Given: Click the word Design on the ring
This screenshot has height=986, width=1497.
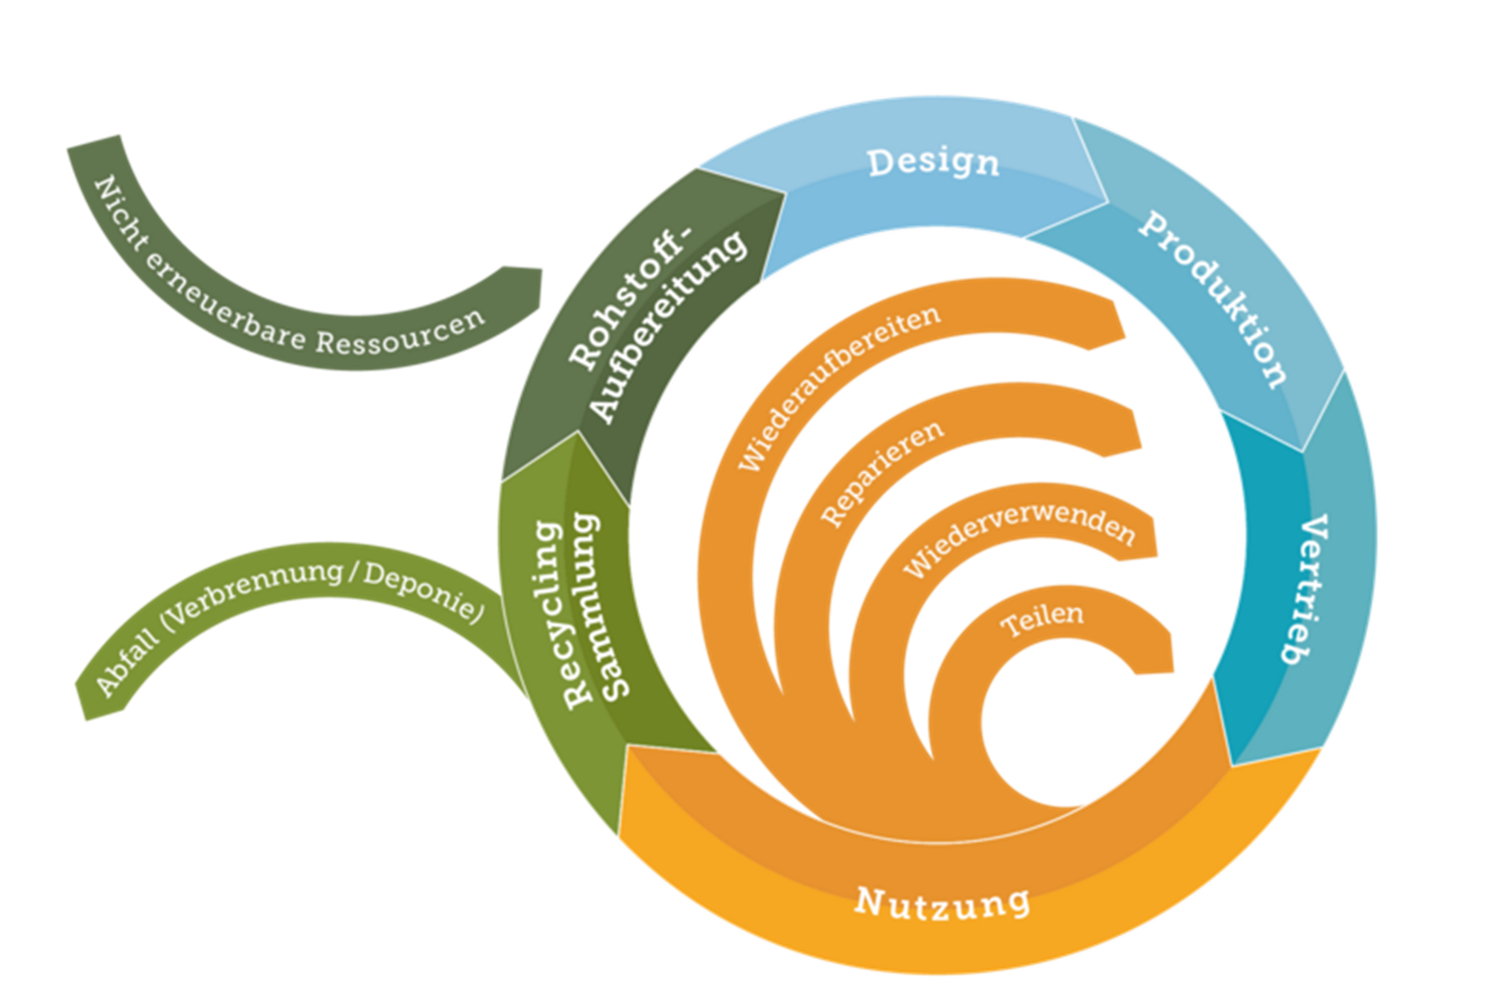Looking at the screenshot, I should pyautogui.click(x=933, y=163).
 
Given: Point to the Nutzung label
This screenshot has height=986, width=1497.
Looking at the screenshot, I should pyautogui.click(x=942, y=903).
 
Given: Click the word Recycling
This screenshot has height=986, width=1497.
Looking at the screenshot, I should pyautogui.click(x=563, y=613).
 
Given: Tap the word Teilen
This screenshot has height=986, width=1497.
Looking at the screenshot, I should pyautogui.click(x=1042, y=620).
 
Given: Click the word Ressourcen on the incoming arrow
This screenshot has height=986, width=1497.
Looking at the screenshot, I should pyautogui.click(x=400, y=332).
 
